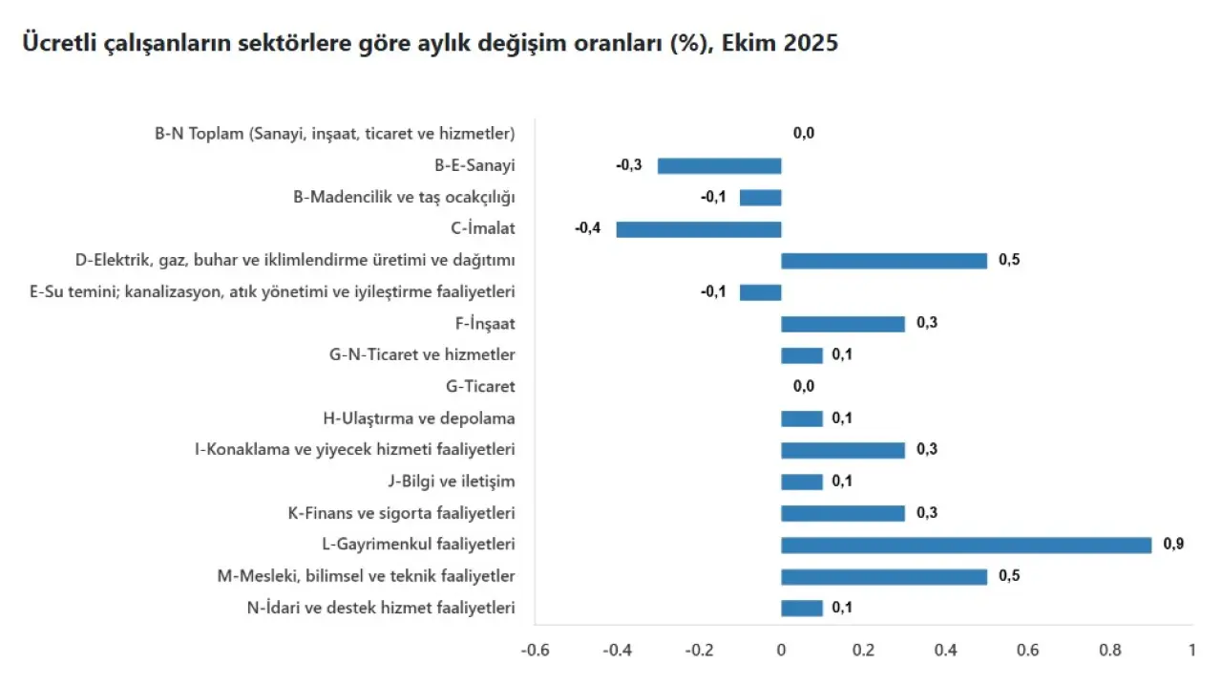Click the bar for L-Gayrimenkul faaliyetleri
(x=966, y=545)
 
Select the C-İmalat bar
(x=699, y=229)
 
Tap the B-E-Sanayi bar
(x=719, y=166)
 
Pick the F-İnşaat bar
(x=843, y=324)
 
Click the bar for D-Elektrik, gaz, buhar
(x=884, y=261)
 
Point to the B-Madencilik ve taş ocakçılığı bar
(x=760, y=198)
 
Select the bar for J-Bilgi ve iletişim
(x=802, y=482)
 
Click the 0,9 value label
(x=1173, y=545)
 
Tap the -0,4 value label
(x=588, y=229)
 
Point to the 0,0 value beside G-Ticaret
(x=803, y=387)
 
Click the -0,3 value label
(x=629, y=165)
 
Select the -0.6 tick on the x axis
(x=535, y=651)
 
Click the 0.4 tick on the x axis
(x=945, y=651)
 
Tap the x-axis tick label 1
(x=1191, y=651)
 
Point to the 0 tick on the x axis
(x=781, y=651)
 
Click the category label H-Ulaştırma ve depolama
(x=419, y=418)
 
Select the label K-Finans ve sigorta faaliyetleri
(x=401, y=513)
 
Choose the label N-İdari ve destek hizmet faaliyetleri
(x=381, y=608)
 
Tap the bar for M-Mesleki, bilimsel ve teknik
(x=884, y=576)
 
